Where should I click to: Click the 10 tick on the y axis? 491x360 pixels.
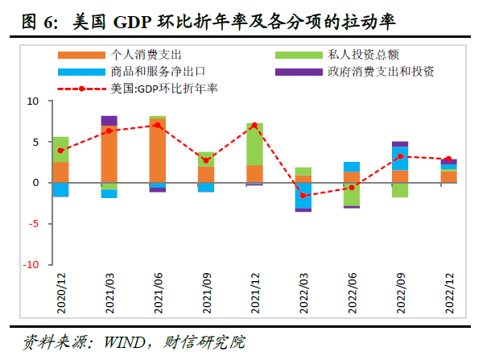click(x=33, y=101)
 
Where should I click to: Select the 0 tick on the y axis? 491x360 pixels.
click(x=35, y=183)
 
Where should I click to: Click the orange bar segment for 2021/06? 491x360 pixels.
click(x=158, y=151)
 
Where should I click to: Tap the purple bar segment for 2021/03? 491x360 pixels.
click(x=109, y=120)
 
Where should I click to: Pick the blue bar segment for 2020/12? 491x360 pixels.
click(x=60, y=190)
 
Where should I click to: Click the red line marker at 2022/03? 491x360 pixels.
click(x=303, y=196)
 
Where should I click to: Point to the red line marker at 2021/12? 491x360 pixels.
click(x=254, y=126)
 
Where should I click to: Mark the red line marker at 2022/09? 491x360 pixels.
click(x=400, y=157)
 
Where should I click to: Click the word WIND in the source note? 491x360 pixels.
click(x=120, y=342)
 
